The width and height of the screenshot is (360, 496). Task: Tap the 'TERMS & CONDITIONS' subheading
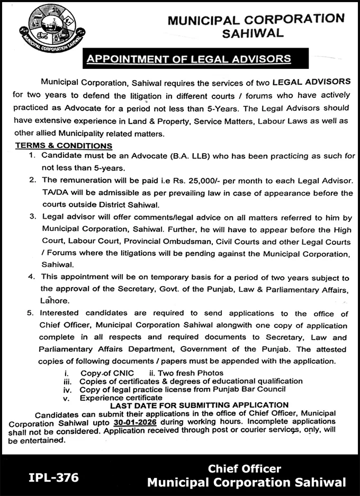tap(63, 146)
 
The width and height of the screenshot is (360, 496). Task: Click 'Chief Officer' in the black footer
tap(244, 468)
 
